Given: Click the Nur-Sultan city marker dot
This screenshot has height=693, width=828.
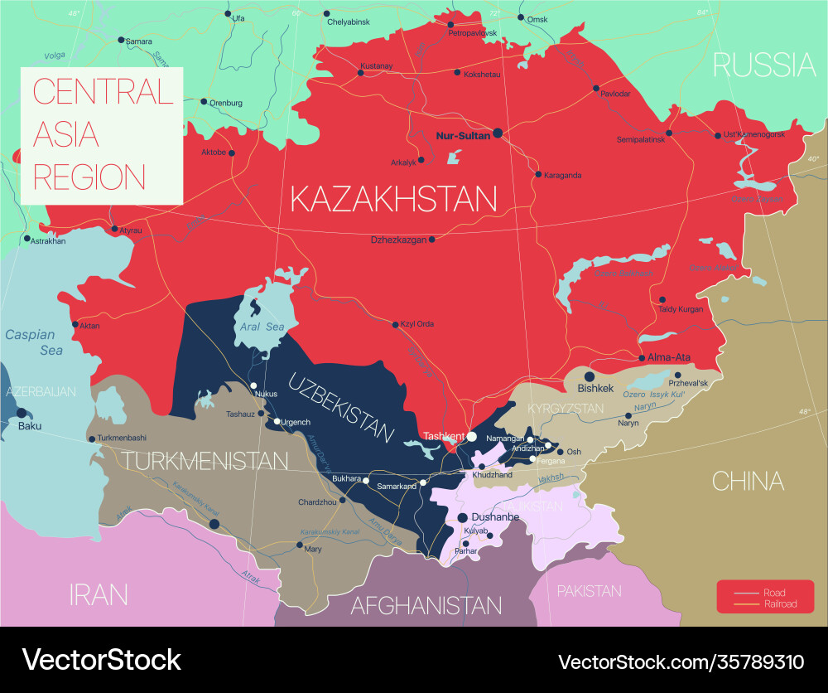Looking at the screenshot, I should click(498, 133).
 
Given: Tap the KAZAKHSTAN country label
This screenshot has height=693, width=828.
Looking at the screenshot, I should click(393, 199).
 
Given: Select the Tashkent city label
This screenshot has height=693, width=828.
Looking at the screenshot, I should click(443, 435).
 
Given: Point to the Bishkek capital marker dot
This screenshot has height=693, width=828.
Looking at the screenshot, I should click(591, 376).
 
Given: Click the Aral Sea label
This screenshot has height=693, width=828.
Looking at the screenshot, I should click(262, 327).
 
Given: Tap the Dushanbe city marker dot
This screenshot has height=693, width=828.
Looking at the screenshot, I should click(463, 517).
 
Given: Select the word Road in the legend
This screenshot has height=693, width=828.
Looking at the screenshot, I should click(775, 593).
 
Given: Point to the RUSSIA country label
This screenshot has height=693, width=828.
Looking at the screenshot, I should click(764, 64).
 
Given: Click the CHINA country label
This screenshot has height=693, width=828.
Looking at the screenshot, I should click(748, 481).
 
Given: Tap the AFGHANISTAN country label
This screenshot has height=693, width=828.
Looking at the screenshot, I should click(426, 605).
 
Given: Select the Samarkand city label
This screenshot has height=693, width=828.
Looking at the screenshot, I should click(397, 487).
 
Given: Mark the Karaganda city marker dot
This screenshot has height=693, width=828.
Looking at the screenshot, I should click(538, 175).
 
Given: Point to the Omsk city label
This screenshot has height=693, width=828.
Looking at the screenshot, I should click(537, 18).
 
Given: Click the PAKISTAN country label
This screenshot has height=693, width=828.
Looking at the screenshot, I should click(589, 591).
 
